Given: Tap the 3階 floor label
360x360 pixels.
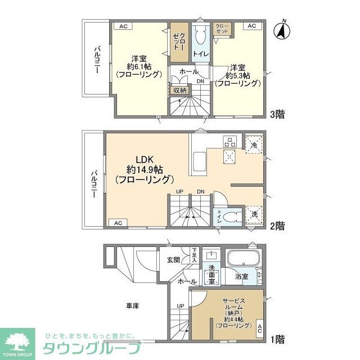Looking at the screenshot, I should click(x=277, y=115).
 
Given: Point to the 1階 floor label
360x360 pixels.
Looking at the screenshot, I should click(x=277, y=340).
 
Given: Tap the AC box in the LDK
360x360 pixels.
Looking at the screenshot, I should click(x=118, y=223).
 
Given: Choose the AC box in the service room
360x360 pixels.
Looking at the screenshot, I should click(x=259, y=329).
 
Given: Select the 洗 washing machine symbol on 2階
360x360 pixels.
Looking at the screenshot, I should click(x=254, y=215).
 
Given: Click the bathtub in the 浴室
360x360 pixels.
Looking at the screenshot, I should click(x=242, y=260).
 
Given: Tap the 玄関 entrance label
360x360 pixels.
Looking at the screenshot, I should click(x=173, y=259).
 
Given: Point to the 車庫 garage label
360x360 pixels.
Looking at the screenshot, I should click(x=132, y=305).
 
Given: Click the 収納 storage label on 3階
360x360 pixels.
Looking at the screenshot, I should click(x=179, y=89).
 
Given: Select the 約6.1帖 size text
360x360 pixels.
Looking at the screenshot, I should click(x=139, y=66).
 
